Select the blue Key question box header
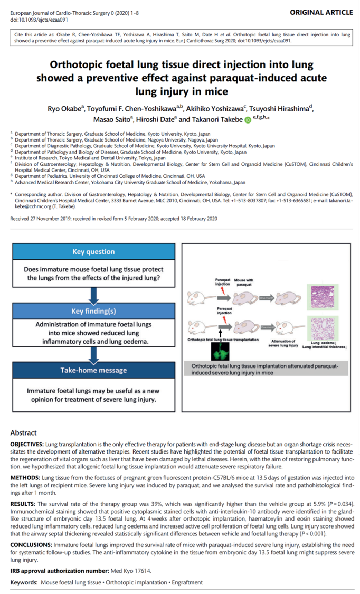tap(93, 252)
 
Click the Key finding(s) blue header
tap(93, 312)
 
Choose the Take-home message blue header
tap(93, 370)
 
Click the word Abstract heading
tap(23, 432)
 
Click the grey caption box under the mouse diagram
tap(269, 369)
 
